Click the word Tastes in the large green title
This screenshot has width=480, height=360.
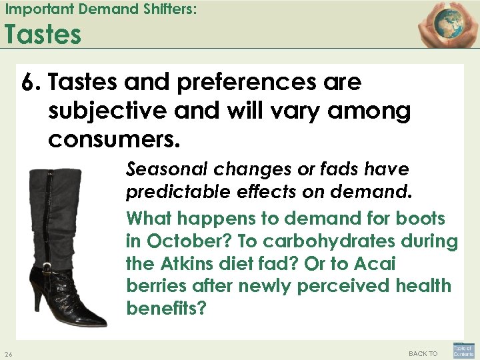[43, 34]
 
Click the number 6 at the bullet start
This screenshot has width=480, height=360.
[29, 83]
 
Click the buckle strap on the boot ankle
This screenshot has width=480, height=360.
[50, 270]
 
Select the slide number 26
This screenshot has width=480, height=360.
[7, 353]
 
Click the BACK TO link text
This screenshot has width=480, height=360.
[423, 353]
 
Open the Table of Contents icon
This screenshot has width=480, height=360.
[463, 350]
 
